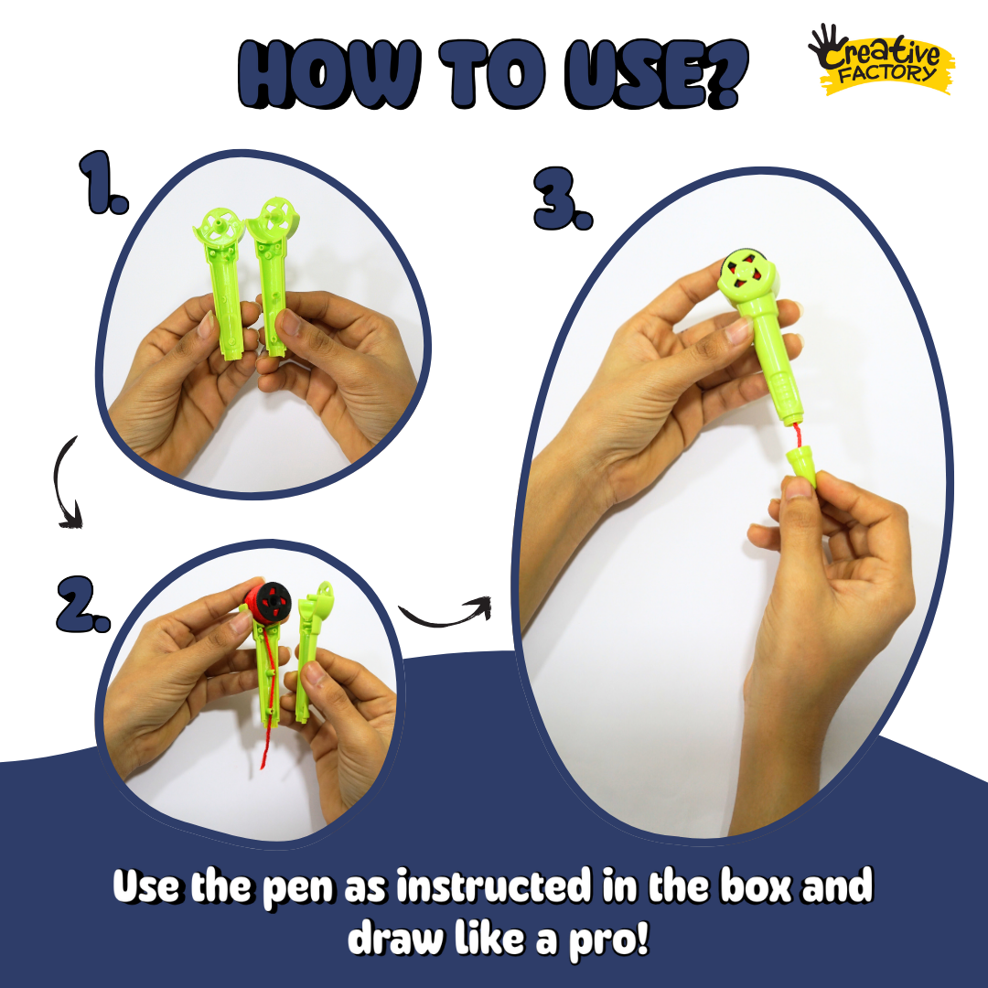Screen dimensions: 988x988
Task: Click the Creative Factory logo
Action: (881, 59)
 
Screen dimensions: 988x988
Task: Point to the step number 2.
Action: (83, 604)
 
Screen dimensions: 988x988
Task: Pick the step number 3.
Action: (563, 199)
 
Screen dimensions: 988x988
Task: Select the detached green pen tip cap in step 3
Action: (801, 467)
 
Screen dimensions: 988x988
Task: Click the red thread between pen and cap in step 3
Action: (797, 435)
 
